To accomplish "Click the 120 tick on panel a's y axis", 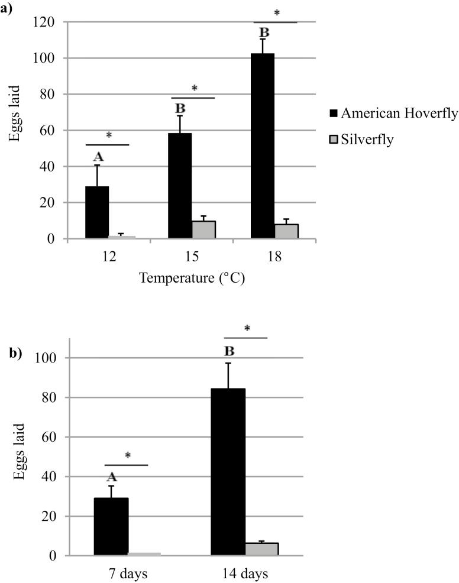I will [45, 22].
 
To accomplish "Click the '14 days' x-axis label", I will [245, 574].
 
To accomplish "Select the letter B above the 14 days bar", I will [229, 352].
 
